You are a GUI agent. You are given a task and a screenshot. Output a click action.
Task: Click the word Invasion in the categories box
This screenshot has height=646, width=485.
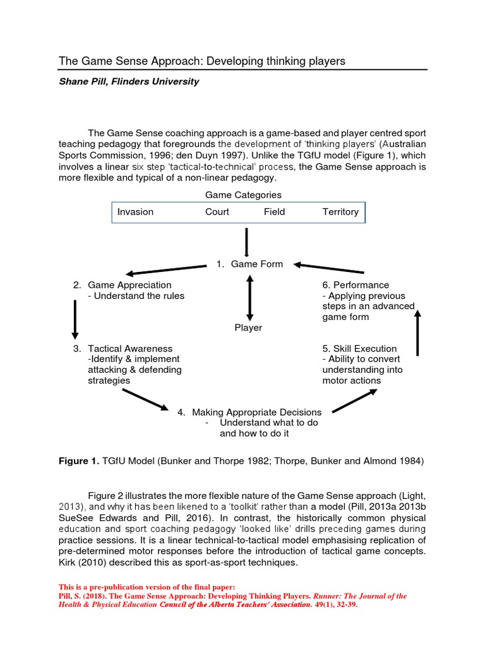tap(135, 212)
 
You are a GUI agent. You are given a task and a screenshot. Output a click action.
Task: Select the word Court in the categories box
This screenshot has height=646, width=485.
tap(217, 212)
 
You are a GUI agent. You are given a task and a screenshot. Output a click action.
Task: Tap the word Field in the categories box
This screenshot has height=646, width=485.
tap(274, 212)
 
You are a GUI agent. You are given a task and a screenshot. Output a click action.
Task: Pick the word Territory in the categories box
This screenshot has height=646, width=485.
tap(340, 212)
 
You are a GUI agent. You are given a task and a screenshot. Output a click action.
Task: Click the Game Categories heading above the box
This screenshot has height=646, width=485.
tap(244, 195)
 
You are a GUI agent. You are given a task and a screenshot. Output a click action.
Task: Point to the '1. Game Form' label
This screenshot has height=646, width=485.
tap(249, 264)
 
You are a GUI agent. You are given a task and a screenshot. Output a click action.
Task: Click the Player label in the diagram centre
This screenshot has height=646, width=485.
tap(248, 327)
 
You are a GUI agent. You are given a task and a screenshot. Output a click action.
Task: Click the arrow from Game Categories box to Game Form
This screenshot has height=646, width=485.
tap(246, 242)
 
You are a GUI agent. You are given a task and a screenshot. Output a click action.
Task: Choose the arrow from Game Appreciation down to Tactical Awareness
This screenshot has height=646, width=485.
tap(75, 319)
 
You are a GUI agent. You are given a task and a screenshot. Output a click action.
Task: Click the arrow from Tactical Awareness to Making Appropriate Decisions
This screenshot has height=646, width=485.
tap(146, 399)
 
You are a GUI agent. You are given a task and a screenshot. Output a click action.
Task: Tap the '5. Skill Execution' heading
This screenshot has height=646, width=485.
tap(359, 348)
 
